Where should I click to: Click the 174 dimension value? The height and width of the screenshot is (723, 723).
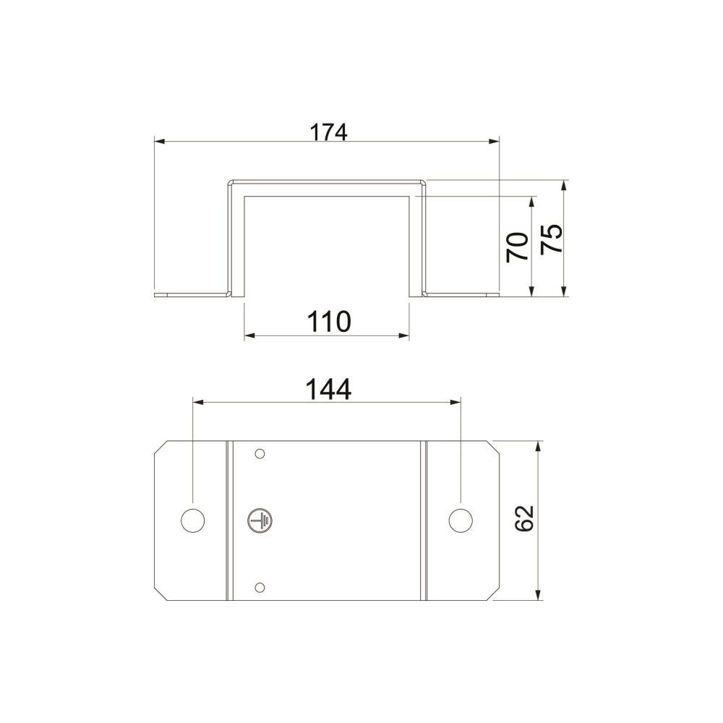(328, 132)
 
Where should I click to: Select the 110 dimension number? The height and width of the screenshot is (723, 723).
(329, 322)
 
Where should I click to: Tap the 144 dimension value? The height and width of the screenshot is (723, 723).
(328, 389)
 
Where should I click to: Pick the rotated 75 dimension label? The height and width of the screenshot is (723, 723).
(552, 239)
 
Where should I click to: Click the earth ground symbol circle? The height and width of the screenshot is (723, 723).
(260, 521)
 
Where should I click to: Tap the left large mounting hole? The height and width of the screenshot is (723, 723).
(193, 521)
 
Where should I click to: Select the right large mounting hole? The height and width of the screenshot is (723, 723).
(460, 520)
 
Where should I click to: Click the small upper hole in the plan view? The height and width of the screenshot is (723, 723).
(260, 454)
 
